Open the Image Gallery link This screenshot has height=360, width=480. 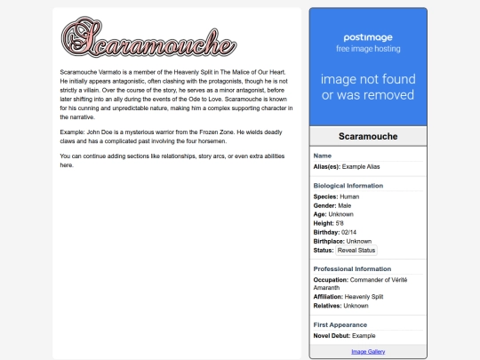point(368,352)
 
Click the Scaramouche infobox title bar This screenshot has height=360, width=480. point(368,136)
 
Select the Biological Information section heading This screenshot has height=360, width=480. point(348,186)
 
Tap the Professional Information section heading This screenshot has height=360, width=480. point(352,268)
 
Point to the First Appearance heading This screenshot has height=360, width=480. point(339,324)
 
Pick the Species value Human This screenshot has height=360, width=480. point(348,196)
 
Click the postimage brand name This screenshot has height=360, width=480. point(368,38)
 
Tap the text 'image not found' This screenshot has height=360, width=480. point(368,79)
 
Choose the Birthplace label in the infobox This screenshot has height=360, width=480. point(329,241)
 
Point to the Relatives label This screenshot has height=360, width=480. point(328,306)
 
